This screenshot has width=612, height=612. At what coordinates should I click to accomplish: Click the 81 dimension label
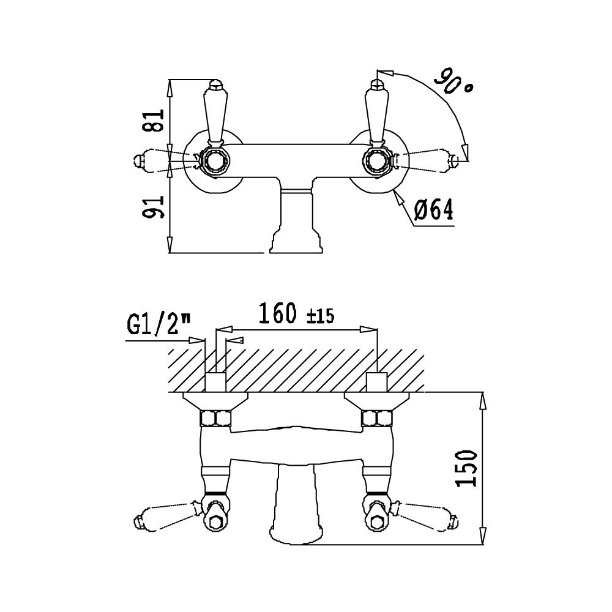[156, 121]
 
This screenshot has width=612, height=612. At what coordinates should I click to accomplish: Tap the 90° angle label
[454, 81]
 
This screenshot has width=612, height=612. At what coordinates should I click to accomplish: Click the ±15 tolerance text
[320, 316]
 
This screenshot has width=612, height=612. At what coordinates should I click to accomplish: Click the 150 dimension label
[466, 468]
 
